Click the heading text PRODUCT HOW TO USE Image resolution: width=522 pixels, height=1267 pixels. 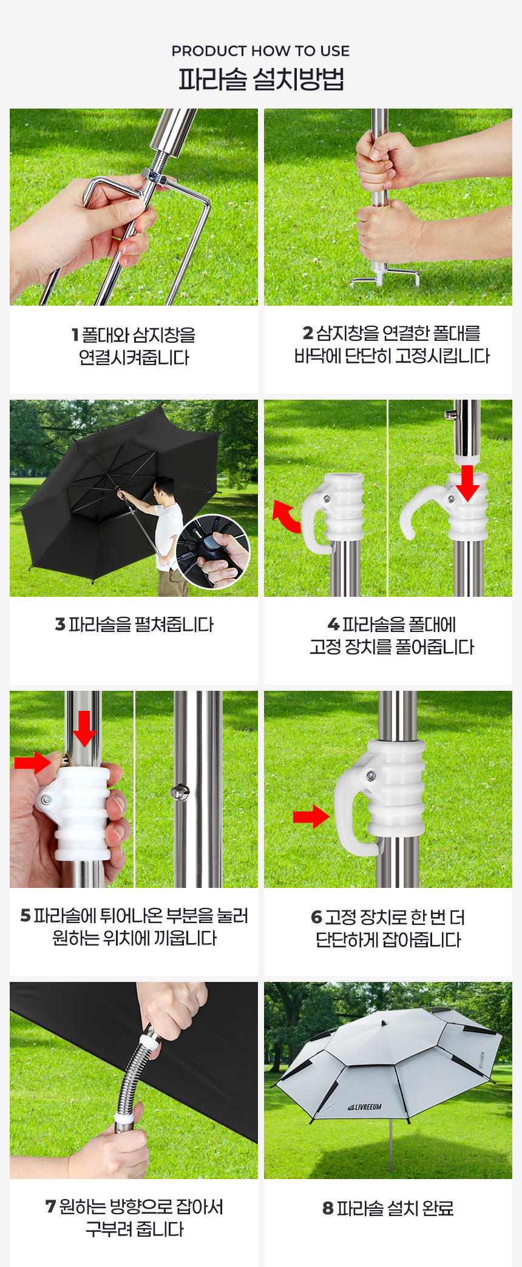pyautogui.click(x=260, y=51)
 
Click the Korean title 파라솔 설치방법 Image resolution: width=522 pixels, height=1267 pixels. pyautogui.click(x=261, y=79)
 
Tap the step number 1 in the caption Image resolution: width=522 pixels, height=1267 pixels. pyautogui.click(x=75, y=335)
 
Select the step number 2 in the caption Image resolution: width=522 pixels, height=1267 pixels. pyautogui.click(x=308, y=333)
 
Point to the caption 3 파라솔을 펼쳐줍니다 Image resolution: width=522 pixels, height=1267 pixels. pyautogui.click(x=134, y=625)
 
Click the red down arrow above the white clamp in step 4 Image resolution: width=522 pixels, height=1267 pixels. pyautogui.click(x=467, y=483)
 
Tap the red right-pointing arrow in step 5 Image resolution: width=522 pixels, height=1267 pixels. pyautogui.click(x=33, y=762)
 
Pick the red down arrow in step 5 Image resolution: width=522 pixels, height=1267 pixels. pyautogui.click(x=84, y=728)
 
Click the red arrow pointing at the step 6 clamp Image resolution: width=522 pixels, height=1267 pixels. pyautogui.click(x=311, y=817)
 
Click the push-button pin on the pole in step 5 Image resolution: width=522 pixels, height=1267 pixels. pyautogui.click(x=180, y=791)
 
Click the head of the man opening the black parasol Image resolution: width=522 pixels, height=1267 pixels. pyautogui.click(x=163, y=488)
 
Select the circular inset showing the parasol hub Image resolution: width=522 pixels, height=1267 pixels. pyautogui.click(x=213, y=552)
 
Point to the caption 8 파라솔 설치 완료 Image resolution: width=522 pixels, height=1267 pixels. pyautogui.click(x=388, y=1208)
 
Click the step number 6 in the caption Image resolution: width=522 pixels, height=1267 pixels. pyautogui.click(x=316, y=917)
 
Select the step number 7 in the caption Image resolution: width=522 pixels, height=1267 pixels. pyautogui.click(x=50, y=1206)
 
